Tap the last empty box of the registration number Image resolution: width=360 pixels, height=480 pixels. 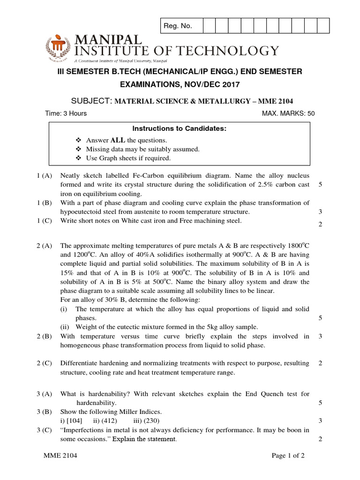[323, 26]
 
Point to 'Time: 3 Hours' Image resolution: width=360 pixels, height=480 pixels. [66, 113]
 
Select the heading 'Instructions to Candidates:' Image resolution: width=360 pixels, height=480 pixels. [180, 128]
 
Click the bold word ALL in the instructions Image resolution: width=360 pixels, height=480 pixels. [117, 140]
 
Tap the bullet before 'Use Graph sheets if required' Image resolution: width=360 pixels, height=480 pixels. [78, 158]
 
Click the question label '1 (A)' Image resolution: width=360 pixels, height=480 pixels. [45, 176]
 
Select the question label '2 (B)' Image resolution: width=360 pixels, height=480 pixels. [45, 336]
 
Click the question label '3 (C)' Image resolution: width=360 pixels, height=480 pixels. [45, 430]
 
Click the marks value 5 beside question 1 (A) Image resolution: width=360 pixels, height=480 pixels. [320, 185]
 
